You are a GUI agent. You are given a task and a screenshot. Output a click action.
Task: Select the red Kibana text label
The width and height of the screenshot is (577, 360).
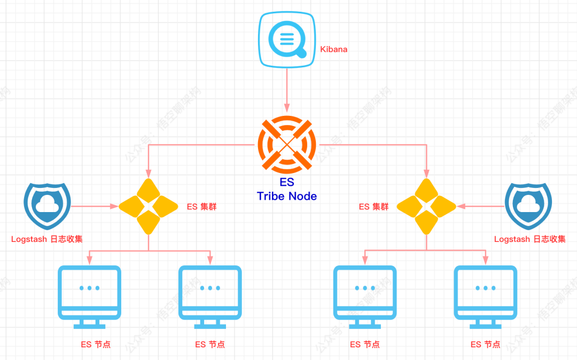click(x=333, y=49)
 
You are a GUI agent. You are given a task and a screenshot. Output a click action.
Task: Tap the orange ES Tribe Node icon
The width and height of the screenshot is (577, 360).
click(x=287, y=144)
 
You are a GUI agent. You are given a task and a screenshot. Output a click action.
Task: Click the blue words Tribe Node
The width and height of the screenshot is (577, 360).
click(x=286, y=196)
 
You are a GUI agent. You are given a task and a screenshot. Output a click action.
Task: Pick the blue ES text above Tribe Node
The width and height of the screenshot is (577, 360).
click(x=287, y=183)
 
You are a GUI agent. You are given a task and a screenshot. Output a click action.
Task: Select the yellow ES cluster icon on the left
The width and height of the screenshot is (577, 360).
click(x=149, y=206)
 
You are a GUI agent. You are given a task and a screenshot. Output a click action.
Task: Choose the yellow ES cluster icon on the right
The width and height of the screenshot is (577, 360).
click(x=427, y=206)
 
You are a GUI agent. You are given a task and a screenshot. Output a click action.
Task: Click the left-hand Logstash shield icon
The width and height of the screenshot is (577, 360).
click(x=47, y=205)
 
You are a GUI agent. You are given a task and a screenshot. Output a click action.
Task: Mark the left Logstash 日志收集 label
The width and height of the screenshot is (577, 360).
click(x=47, y=239)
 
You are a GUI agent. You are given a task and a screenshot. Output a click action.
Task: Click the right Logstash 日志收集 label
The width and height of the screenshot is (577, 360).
click(x=529, y=239)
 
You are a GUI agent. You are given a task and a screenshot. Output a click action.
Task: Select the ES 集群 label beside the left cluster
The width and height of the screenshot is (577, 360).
click(x=201, y=206)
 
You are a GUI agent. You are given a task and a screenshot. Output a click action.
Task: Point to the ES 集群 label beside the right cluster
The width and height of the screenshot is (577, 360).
click(x=373, y=206)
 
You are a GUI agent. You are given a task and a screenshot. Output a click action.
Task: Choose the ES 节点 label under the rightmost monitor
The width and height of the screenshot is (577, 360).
click(x=485, y=345)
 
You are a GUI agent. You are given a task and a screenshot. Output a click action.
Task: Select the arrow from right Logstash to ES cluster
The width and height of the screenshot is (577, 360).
click(x=481, y=206)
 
